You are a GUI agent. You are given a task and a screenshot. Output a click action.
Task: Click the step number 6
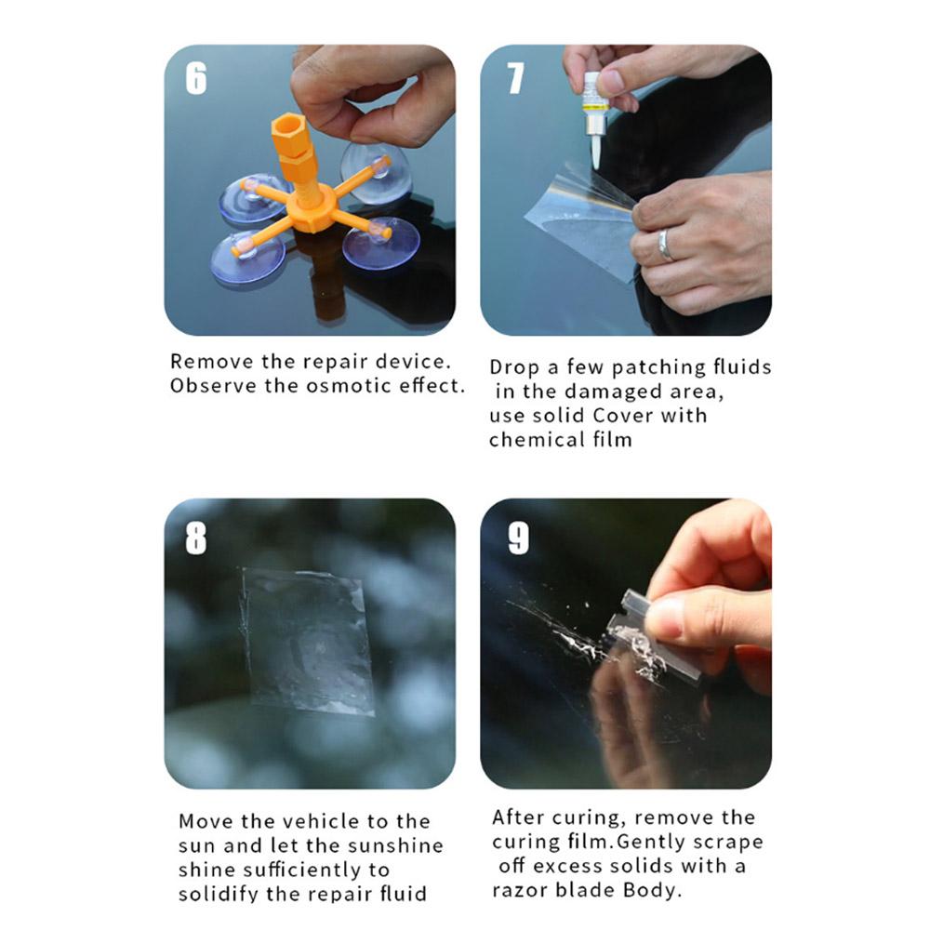(x=196, y=78)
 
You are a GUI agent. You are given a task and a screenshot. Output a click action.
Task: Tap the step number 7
(x=515, y=78)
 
